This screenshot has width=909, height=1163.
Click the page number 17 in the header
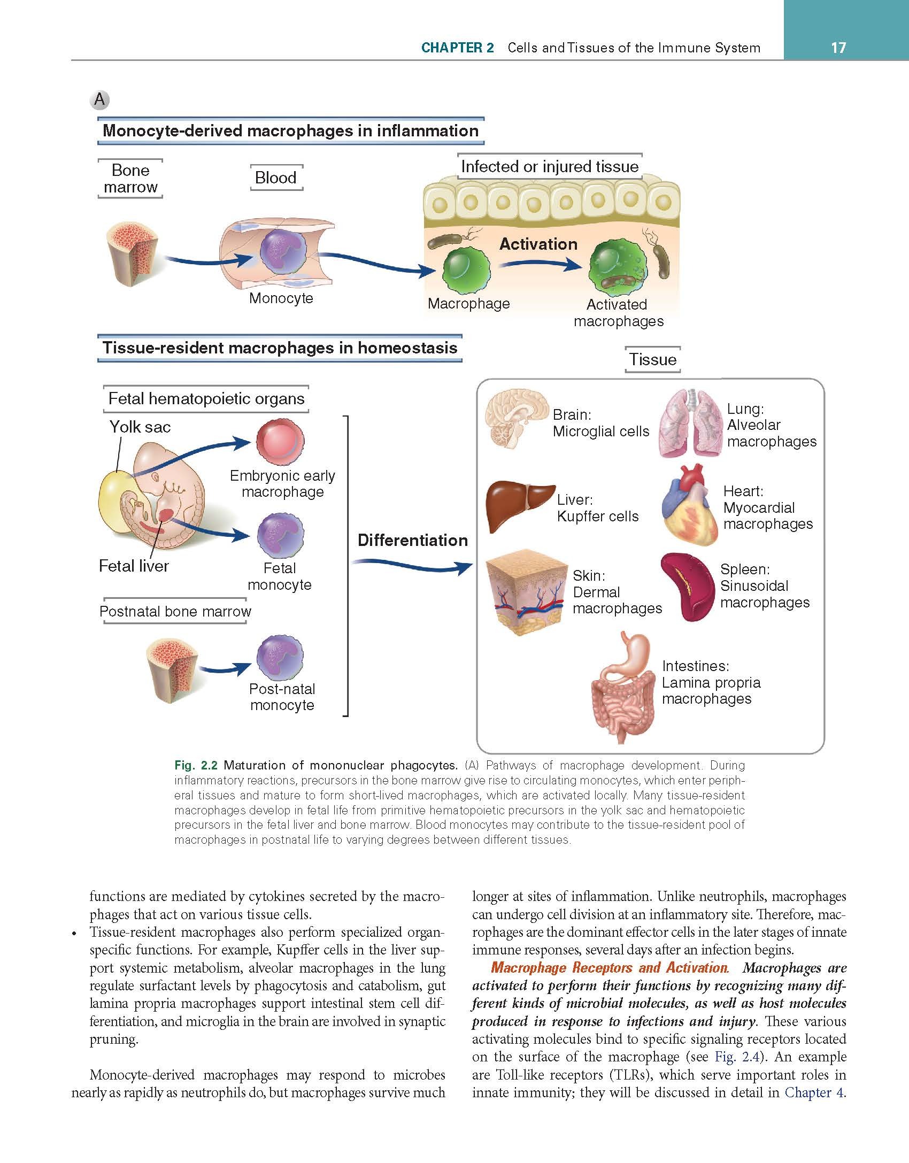(838, 48)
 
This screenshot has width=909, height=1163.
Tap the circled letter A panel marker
(100, 99)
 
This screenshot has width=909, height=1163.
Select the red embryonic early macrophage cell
(280, 441)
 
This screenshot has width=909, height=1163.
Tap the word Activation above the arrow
(538, 244)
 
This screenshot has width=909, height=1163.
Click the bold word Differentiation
(412, 540)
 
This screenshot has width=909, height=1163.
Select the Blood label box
(276, 178)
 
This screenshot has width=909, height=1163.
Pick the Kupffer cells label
(598, 517)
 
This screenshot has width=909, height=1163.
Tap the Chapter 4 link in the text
(814, 1092)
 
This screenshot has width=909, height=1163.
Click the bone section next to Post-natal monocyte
(172, 673)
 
